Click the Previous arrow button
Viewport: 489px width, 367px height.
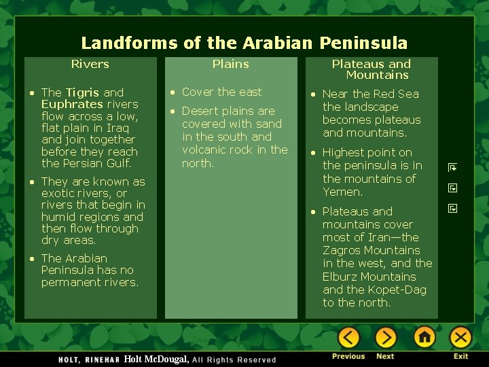click(348, 337)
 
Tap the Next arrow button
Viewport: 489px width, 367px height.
click(386, 337)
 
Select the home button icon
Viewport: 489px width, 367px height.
click(424, 337)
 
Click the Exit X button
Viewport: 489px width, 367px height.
click(461, 337)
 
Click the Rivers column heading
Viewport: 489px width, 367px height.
click(90, 64)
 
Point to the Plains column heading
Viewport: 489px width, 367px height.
click(230, 64)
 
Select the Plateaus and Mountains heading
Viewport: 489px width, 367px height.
click(372, 69)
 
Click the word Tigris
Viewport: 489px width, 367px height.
click(82, 92)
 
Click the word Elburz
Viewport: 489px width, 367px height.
click(340, 277)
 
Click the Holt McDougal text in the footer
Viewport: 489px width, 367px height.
click(156, 359)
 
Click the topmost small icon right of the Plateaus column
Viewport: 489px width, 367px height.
click(452, 167)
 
